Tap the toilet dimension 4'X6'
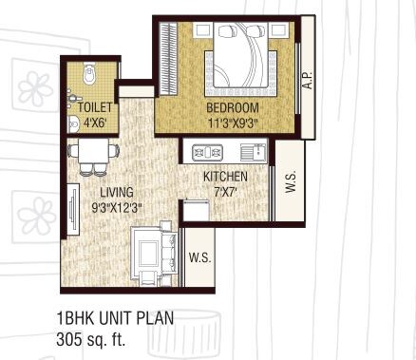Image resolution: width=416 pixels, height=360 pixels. pos(89,122)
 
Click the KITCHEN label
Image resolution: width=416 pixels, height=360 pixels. pos(226,177)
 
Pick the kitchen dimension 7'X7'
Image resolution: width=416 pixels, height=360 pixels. pos(226,192)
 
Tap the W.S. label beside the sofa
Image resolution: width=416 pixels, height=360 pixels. pos(199,257)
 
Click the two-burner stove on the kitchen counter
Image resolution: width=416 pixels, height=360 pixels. pos(206,151)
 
